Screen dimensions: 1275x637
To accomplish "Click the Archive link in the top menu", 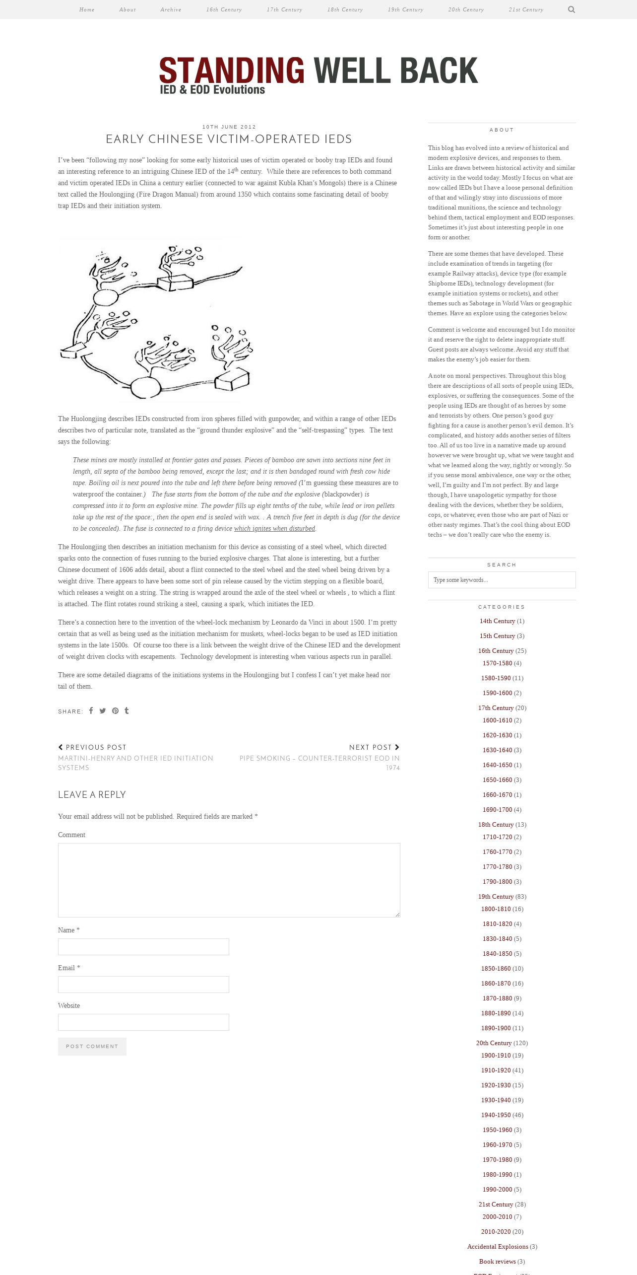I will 171,9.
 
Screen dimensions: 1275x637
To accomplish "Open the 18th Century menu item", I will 345,9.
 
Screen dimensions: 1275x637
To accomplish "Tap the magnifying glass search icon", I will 572,9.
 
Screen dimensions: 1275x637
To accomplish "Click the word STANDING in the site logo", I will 232,71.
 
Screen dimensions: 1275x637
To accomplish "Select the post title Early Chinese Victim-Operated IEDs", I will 229,139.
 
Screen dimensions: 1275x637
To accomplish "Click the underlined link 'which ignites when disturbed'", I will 274,528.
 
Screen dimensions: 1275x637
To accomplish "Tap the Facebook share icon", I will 91,710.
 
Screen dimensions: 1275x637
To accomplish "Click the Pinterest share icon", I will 115,710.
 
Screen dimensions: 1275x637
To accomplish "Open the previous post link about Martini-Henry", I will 135,763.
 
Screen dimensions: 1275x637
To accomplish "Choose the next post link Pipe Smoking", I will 319,763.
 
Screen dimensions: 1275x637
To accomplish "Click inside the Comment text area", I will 229,880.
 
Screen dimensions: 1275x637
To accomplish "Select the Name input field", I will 143,947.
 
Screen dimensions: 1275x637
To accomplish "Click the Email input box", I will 143,985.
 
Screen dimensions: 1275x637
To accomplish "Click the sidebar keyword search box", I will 502,580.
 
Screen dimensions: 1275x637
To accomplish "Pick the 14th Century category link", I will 497,621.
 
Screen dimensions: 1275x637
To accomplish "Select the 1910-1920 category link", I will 496,1070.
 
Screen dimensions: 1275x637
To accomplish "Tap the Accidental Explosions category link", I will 498,1247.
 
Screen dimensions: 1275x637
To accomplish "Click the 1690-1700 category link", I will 497,810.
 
